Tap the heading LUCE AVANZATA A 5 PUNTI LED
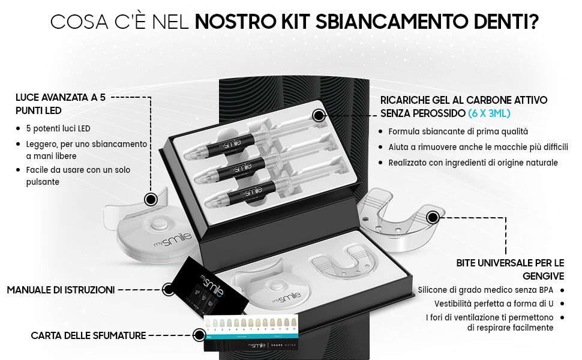[x=61, y=104]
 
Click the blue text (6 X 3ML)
[x=489, y=113]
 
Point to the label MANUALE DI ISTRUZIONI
[x=61, y=290]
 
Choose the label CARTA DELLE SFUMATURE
[x=88, y=335]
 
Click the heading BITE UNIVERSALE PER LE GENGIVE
[x=510, y=269]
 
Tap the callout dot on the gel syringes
[x=319, y=115]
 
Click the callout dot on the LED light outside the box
[x=151, y=199]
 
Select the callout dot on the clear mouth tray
[x=433, y=217]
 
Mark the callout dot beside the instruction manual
[x=169, y=289]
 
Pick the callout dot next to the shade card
[x=199, y=335]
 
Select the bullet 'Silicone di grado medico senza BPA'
[x=485, y=290]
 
